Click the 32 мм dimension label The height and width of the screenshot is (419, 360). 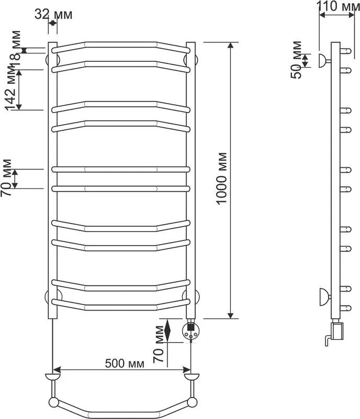click(53, 15)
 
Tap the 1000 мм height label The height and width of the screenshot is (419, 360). click(222, 179)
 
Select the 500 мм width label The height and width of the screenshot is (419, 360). click(125, 363)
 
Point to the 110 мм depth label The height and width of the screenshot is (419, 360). click(338, 6)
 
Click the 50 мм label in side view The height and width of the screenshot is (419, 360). click(296, 60)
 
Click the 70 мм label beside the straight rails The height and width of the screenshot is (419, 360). click(6, 178)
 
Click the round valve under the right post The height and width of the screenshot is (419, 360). click(190, 330)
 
